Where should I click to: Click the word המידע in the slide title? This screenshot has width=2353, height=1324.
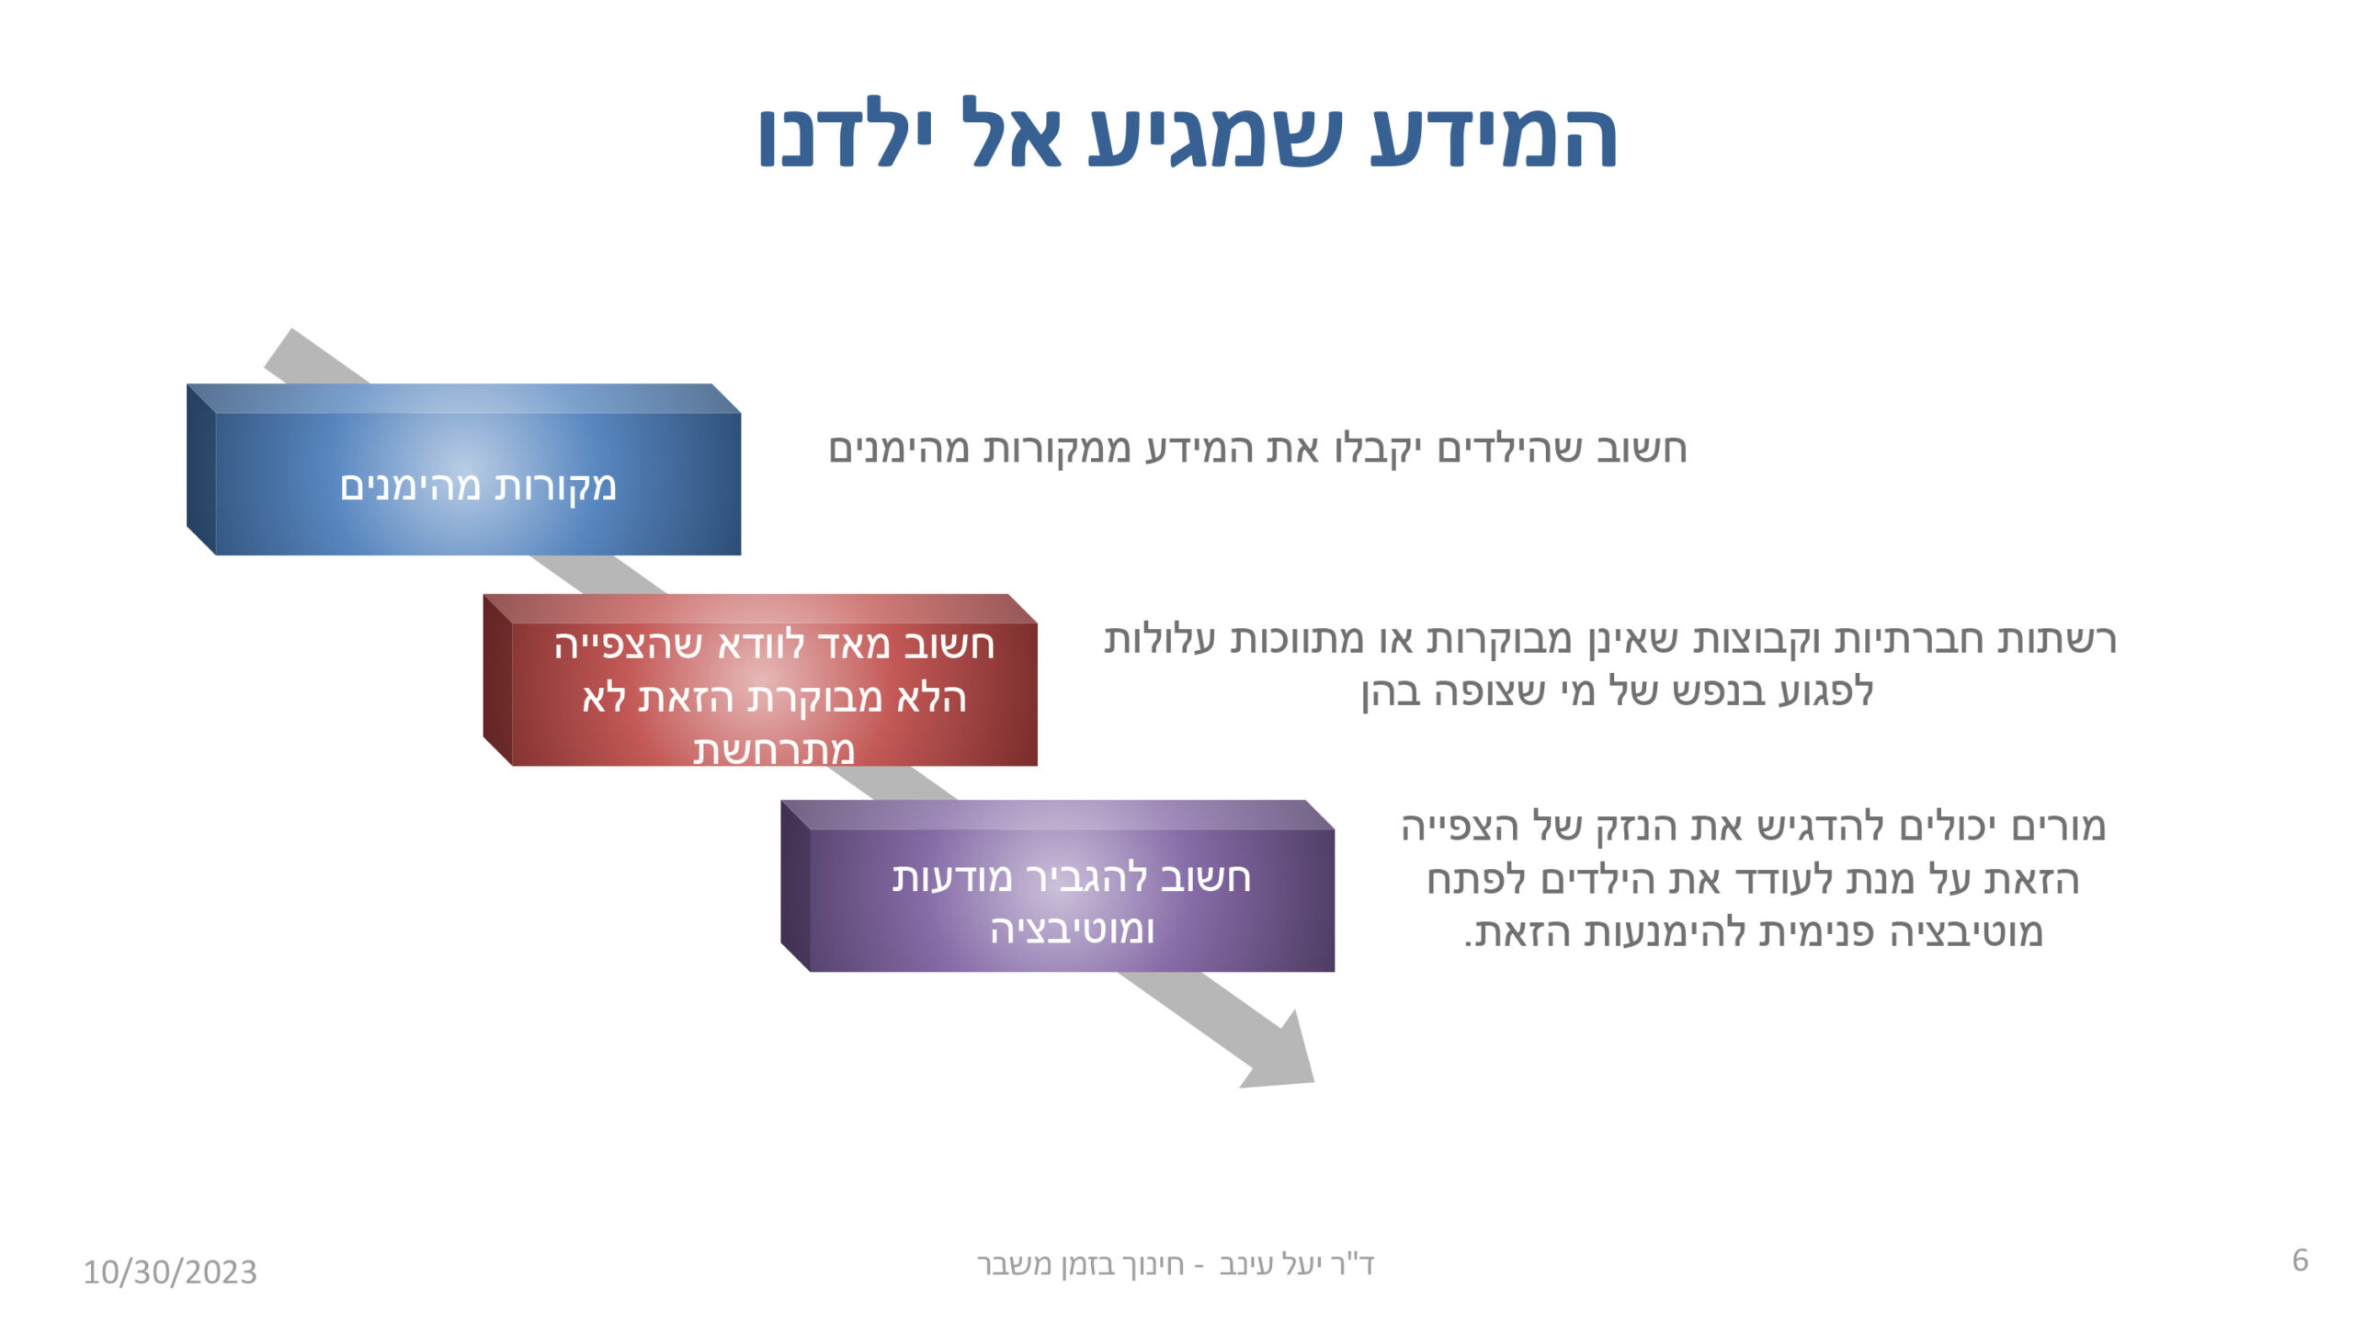1493,136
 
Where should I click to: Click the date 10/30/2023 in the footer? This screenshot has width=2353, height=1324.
170,1273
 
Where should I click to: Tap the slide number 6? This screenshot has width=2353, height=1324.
2300,1261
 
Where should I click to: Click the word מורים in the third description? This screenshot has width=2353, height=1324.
2058,827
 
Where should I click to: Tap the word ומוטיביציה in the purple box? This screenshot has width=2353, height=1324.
1072,930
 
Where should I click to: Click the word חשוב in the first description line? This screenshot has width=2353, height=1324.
1641,449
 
